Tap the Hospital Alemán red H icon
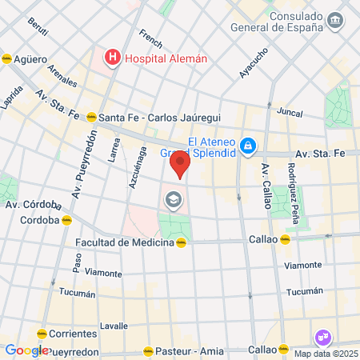coord(113,58)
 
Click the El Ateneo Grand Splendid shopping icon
coord(249,145)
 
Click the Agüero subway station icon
coord(7,59)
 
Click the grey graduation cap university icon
coord(171,200)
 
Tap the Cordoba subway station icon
coord(68,220)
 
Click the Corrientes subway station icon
coord(41,334)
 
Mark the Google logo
coord(26,350)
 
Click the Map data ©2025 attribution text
coord(326,354)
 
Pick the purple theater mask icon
coord(324,338)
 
